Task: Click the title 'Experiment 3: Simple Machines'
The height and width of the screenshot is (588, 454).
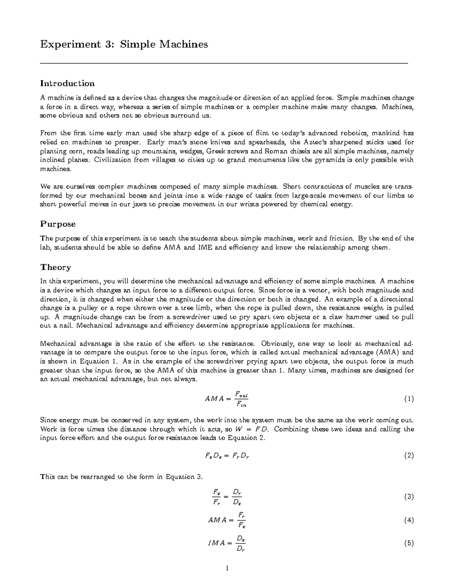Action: [x=124, y=44]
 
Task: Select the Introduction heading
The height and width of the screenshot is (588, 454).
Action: [x=67, y=83]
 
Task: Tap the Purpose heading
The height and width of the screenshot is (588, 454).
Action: [x=58, y=224]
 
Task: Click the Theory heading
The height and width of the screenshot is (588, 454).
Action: [x=56, y=267]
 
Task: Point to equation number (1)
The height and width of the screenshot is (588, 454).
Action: [x=409, y=399]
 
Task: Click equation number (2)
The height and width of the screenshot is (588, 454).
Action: [x=409, y=455]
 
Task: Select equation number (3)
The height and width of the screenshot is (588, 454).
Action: [x=409, y=497]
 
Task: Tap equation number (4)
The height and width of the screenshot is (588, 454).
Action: [x=409, y=520]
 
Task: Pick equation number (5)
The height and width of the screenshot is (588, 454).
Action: [x=409, y=543]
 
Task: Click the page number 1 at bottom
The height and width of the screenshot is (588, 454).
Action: [x=227, y=568]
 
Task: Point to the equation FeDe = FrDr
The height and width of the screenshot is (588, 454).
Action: [x=226, y=455]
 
